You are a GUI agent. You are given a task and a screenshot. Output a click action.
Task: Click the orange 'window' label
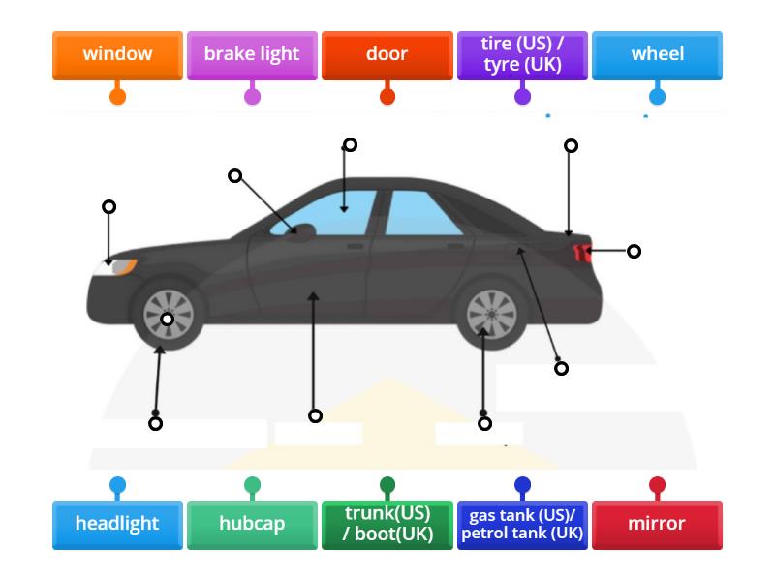pos(117,54)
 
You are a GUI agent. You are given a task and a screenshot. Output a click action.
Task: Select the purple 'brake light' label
pos(252,54)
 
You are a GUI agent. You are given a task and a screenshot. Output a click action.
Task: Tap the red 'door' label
pos(387,54)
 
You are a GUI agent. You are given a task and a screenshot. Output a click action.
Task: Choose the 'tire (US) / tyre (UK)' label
pos(522,55)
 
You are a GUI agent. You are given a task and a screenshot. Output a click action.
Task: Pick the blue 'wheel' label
pos(657,54)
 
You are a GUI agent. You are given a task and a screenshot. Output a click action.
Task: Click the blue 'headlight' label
pos(117,524)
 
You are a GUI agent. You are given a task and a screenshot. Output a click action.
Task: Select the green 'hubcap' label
pos(252,524)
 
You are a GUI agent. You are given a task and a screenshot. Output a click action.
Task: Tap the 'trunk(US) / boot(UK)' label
pos(387,524)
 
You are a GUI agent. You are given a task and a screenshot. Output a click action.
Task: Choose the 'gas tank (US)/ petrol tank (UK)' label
pos(522,524)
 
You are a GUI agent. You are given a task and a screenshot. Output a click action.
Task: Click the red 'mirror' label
pos(657,524)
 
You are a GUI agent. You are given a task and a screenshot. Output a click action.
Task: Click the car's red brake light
pos(582,253)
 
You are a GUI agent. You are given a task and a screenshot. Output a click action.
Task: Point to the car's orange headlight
pos(121,265)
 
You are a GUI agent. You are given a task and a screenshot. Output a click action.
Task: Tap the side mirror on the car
pos(301,230)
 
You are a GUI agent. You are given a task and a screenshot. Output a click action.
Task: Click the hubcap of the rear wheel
pos(491,314)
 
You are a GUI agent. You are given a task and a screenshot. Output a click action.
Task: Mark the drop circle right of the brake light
pos(634,252)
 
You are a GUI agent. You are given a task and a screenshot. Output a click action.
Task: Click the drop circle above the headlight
pos(109,207)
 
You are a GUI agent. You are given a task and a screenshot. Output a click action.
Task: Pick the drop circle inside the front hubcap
pos(168,320)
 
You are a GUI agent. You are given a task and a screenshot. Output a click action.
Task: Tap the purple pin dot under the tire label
pos(522,96)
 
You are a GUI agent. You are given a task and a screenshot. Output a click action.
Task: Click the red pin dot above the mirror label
pos(657,484)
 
